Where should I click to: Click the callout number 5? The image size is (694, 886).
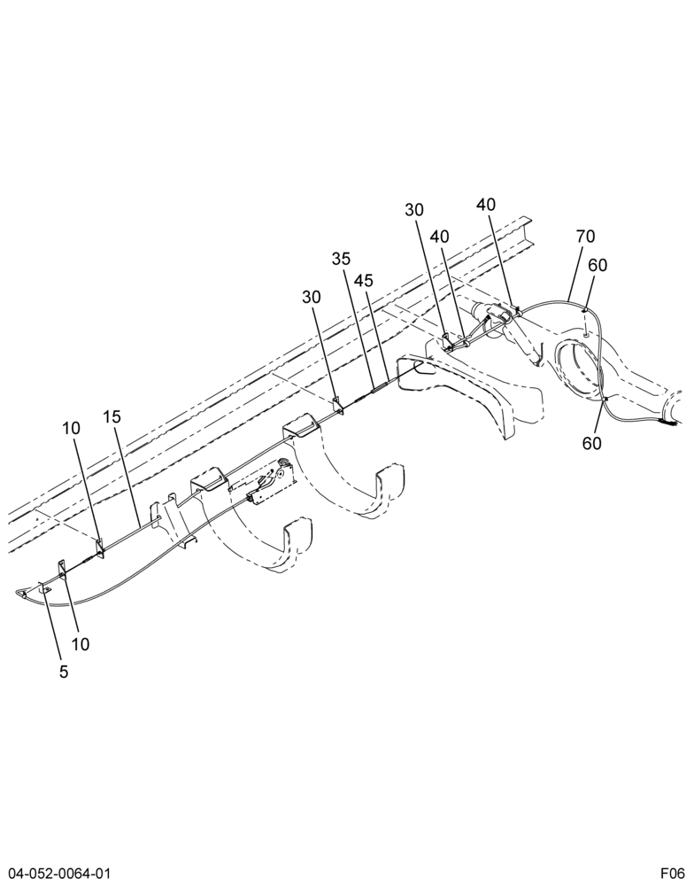(64, 672)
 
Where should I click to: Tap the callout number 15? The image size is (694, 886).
(112, 417)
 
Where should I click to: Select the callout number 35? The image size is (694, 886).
(341, 259)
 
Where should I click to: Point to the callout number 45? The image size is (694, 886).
(364, 280)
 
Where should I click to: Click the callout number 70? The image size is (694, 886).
(586, 237)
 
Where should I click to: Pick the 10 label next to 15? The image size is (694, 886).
(71, 428)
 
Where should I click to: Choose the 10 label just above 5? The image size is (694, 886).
(81, 644)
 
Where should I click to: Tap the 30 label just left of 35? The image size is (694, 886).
(311, 297)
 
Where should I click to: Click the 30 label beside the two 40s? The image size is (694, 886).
(414, 210)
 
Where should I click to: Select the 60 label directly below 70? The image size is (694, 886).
(598, 264)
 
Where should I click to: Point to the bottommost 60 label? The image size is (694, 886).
(592, 444)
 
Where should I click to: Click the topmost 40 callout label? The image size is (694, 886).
(486, 205)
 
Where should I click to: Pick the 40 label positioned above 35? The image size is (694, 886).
(440, 237)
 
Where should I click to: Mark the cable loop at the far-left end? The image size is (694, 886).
(23, 593)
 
